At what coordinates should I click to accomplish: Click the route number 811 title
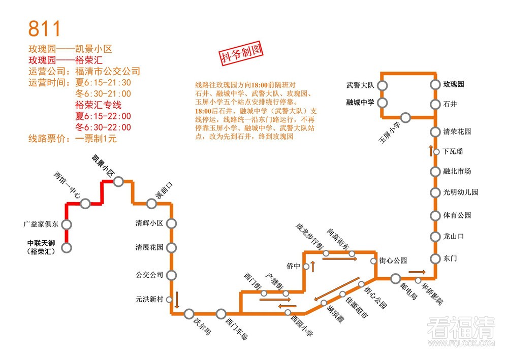coord(45,28)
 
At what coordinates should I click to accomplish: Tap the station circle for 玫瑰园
coord(435,85)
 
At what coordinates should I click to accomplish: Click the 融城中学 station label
coord(360,102)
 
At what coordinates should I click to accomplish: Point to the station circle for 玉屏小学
coord(405,118)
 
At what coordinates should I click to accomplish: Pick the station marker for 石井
coord(435,105)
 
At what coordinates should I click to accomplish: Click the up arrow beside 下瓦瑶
coord(431,151)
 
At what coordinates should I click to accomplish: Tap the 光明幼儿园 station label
coord(461,192)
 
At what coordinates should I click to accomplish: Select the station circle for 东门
coord(435,258)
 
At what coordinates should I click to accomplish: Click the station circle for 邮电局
coord(396,278)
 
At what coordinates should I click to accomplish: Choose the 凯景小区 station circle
coord(118,181)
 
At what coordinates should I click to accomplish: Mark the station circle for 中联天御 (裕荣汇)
coord(67,248)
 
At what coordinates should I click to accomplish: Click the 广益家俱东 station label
coord(41,224)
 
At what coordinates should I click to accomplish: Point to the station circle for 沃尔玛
coord(189,314)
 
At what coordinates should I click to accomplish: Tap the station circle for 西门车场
coord(221,314)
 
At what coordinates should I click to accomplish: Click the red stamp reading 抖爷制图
coord(240,54)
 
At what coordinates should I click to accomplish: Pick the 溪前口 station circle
coord(151,204)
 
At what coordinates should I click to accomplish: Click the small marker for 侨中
coord(306,266)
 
